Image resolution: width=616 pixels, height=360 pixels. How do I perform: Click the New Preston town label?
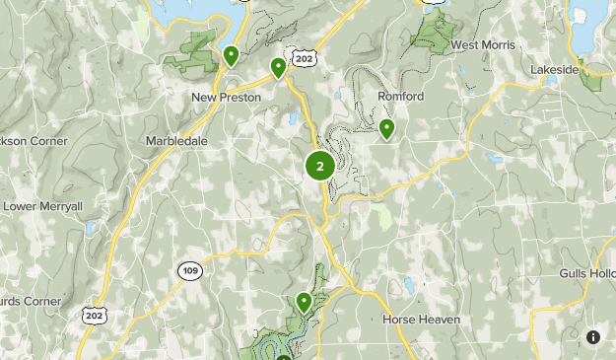point(226,97)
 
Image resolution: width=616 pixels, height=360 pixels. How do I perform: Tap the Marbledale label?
point(176,141)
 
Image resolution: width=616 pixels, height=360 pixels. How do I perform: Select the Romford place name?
point(401,97)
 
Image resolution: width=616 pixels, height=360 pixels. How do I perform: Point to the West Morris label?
point(484,45)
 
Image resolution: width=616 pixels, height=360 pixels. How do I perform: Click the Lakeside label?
point(554,71)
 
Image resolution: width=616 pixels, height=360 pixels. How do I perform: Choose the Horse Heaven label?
point(422,320)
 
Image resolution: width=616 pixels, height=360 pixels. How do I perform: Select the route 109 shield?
point(190,269)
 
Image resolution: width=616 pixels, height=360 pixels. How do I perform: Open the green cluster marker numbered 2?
point(319,166)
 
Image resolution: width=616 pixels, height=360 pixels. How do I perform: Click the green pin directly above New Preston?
point(231,55)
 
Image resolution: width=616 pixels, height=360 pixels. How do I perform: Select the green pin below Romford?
point(386,127)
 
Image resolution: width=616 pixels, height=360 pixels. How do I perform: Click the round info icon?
point(593,337)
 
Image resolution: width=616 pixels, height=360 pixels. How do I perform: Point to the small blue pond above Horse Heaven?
point(408,286)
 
